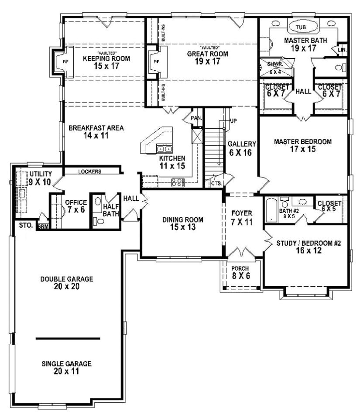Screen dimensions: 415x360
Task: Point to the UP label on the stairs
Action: click(x=233, y=120)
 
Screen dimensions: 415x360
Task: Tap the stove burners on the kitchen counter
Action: click(x=178, y=182)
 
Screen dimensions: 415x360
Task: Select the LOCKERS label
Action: click(x=90, y=171)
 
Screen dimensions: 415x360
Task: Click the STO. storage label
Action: click(x=23, y=226)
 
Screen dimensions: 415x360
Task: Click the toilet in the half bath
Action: click(x=99, y=221)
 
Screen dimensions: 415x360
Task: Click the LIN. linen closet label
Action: click(x=343, y=51)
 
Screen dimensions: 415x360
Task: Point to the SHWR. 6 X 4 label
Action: click(x=275, y=68)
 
